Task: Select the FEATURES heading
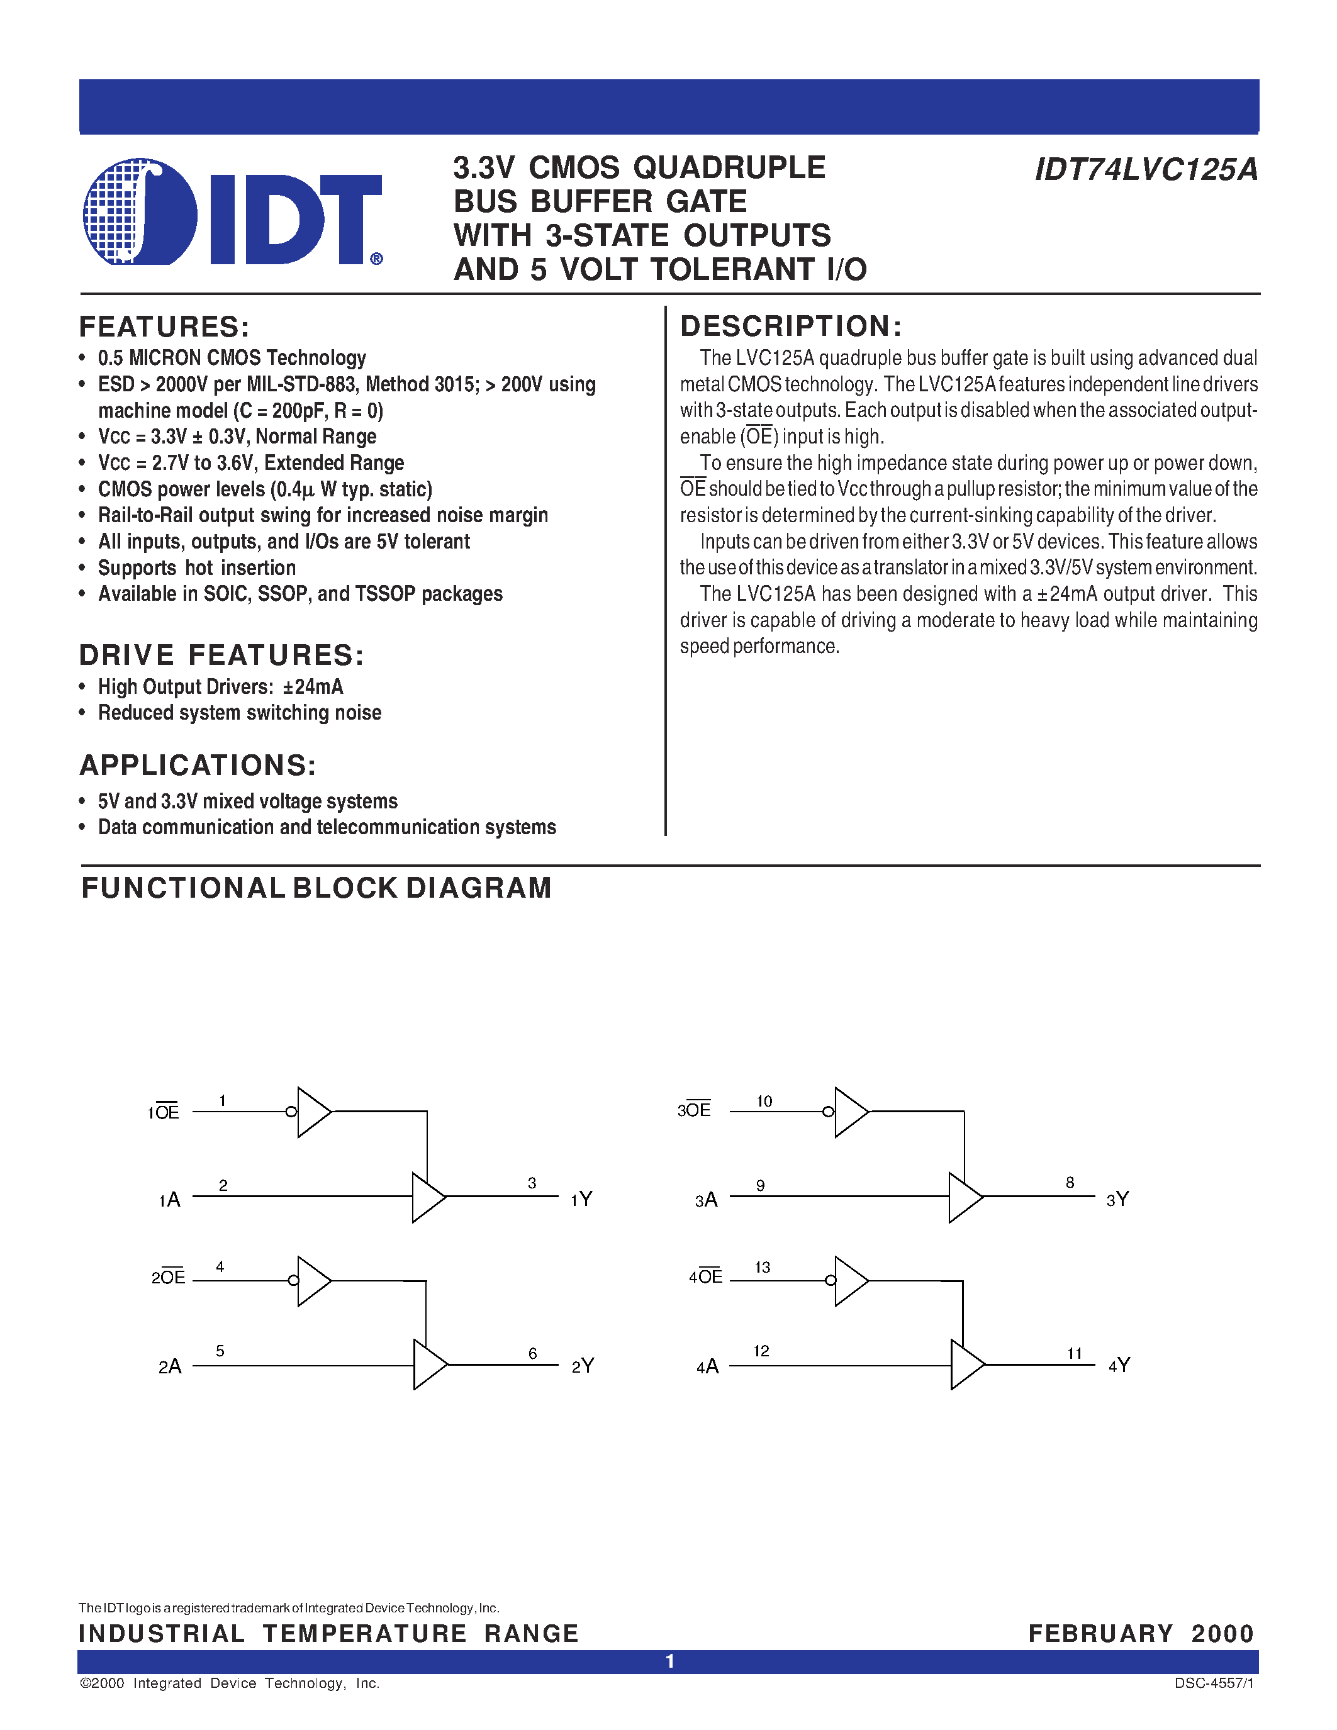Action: [164, 327]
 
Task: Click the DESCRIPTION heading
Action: [790, 326]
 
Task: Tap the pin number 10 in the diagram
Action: [764, 1101]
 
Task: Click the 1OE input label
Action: [163, 1112]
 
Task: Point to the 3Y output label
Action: [1117, 1199]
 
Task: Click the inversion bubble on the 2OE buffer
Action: [293, 1281]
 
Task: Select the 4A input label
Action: [707, 1366]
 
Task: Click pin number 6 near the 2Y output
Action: [532, 1353]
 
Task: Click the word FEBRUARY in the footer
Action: [1100, 1633]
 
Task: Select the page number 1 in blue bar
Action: [669, 1661]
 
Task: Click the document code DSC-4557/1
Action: [1214, 1683]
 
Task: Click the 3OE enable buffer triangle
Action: [849, 1112]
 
